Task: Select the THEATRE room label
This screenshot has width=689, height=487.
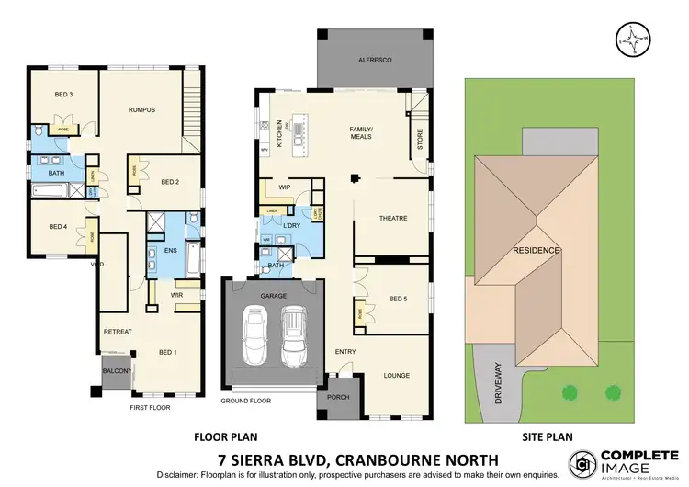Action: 392,218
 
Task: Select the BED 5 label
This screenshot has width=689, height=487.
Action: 398,299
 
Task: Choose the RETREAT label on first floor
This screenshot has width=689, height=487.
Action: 117,331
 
